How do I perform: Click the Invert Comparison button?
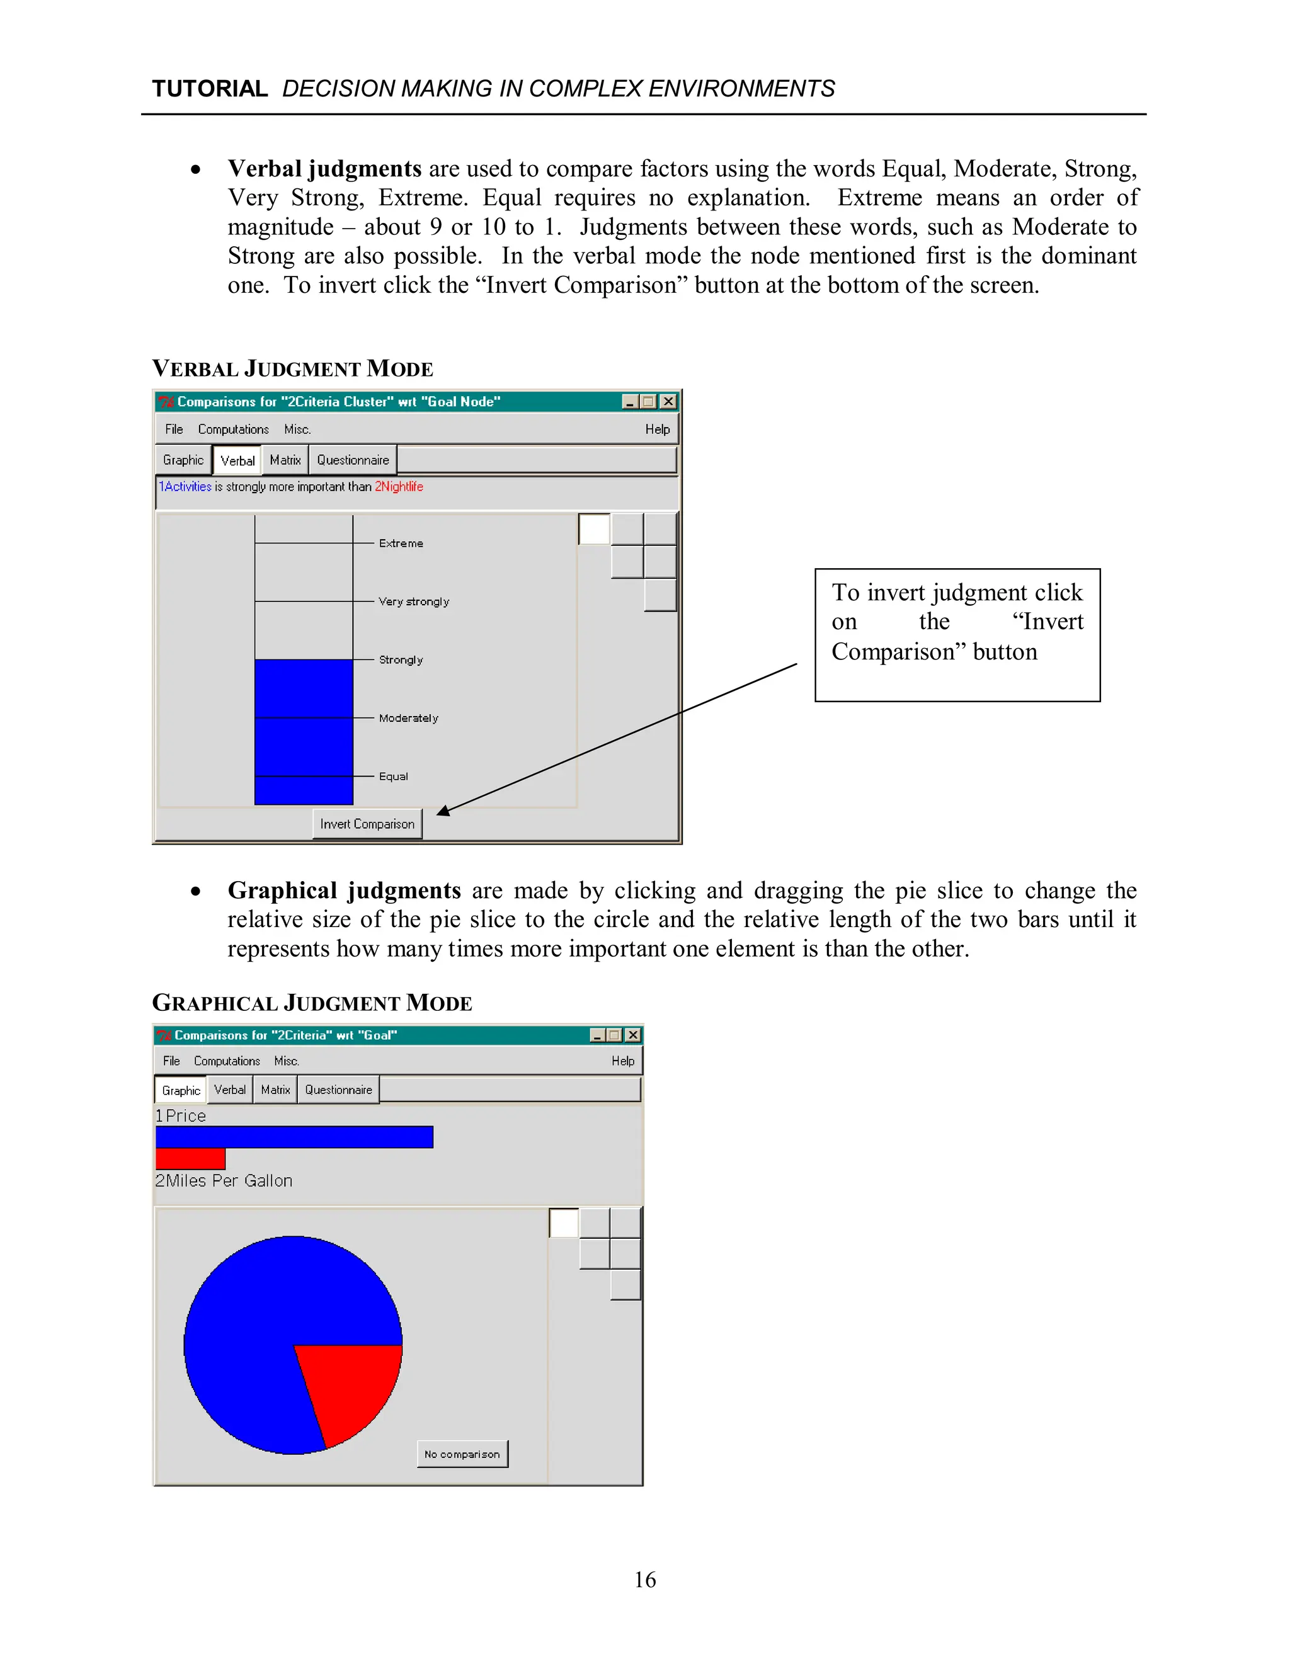click(367, 824)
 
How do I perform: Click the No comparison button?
click(462, 1454)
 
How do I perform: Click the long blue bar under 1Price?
click(294, 1137)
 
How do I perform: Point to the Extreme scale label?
click(401, 544)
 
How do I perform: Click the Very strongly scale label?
click(413, 601)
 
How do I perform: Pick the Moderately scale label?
click(408, 719)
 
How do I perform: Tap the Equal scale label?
click(393, 777)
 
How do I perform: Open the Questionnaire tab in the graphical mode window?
click(338, 1090)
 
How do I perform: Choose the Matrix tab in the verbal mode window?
click(285, 460)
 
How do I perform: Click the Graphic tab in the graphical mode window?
click(181, 1090)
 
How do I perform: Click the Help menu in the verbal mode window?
click(657, 430)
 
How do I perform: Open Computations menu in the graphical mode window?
click(227, 1061)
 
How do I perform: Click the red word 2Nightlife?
click(398, 487)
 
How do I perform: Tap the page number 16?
click(645, 1580)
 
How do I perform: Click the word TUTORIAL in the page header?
click(209, 89)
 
